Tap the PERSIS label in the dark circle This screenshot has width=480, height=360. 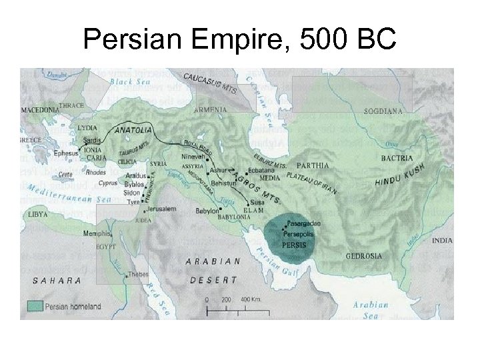[295, 245]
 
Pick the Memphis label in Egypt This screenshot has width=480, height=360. [97, 233]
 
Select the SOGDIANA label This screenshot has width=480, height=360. [383, 111]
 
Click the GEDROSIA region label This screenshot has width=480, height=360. [364, 255]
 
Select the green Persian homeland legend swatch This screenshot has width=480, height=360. [35, 306]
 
